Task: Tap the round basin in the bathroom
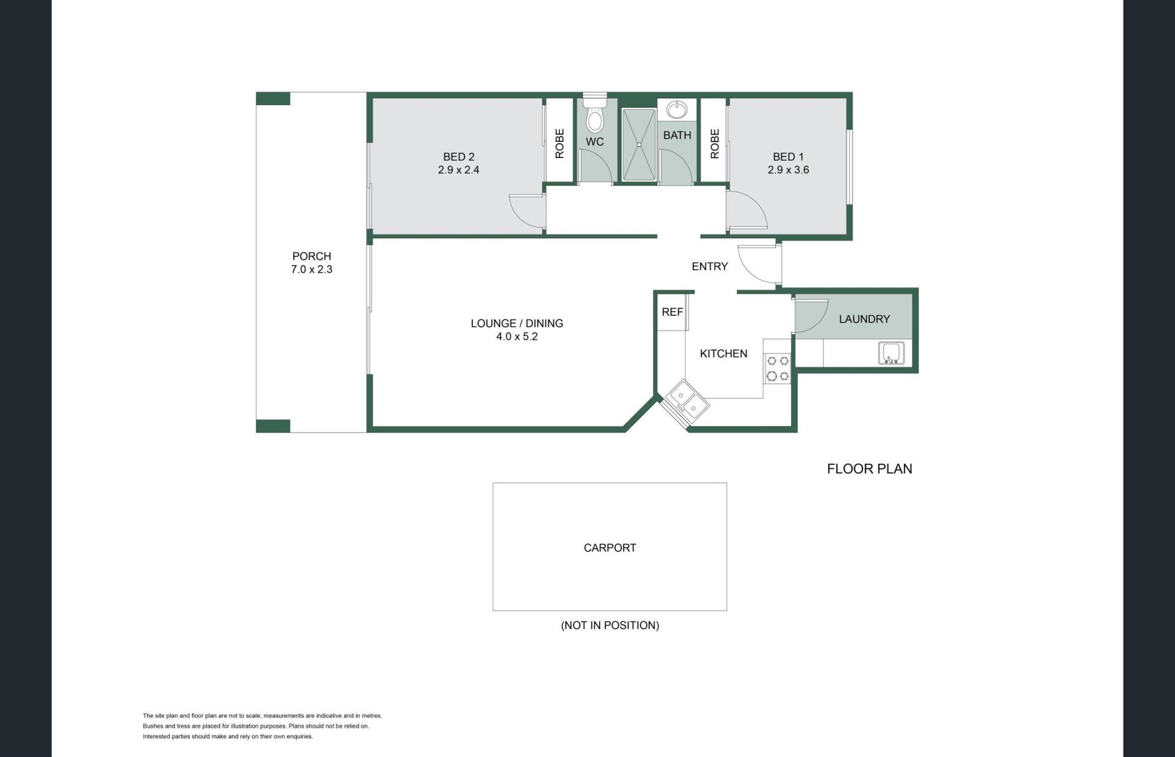tap(676, 111)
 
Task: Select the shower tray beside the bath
tap(639, 144)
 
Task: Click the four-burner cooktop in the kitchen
tap(778, 368)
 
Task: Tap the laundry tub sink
tap(891, 353)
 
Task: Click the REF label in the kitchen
tap(672, 312)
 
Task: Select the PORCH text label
tap(311, 256)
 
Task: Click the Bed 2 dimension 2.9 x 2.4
tap(458, 170)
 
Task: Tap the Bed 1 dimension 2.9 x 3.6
tap(788, 170)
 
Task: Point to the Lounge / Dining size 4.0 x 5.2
tap(517, 337)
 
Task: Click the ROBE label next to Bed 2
tap(559, 144)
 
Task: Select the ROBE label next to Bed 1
tap(714, 144)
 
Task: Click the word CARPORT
tap(610, 548)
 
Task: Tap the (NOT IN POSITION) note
tap(610, 625)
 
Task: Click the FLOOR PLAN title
tap(869, 469)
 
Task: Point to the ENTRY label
tap(709, 266)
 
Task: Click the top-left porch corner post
tap(273, 99)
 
